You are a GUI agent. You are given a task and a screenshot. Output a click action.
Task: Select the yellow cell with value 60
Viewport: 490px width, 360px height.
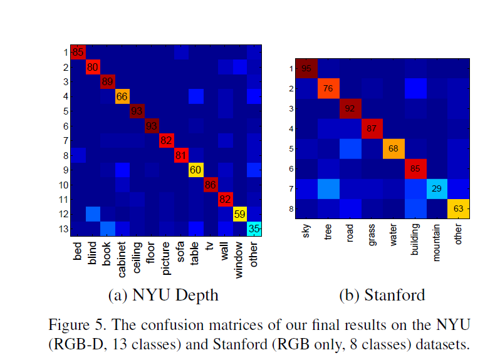pyautogui.click(x=196, y=169)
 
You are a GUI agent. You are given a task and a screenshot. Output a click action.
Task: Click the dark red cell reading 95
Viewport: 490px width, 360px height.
pyautogui.click(x=307, y=68)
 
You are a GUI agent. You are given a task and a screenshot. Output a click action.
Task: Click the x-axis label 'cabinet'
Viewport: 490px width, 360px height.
pyautogui.click(x=123, y=258)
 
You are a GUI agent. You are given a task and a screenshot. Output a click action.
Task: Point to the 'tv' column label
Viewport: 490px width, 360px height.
pyautogui.click(x=211, y=247)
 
